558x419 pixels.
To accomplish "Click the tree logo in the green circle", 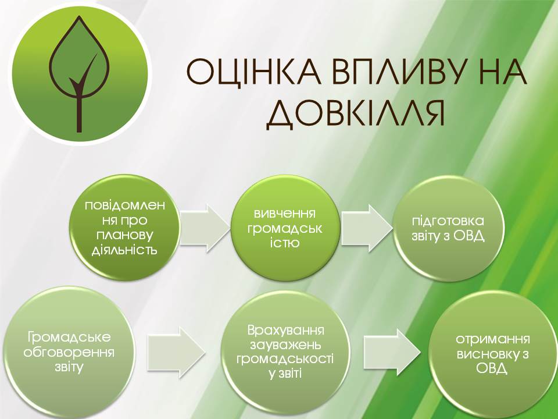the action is point(79,74).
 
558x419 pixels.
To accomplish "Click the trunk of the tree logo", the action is point(79,114).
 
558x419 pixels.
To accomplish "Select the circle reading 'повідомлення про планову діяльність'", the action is point(124,228).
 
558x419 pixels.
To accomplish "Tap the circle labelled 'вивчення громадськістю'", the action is point(285,228).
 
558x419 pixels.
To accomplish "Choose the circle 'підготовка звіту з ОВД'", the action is point(448,228).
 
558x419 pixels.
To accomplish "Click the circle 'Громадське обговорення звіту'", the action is point(69,352).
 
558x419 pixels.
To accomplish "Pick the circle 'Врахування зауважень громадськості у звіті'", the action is point(285,352).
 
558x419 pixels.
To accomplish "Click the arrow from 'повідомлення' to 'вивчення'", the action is point(205,228).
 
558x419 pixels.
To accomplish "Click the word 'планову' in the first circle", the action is point(124,236).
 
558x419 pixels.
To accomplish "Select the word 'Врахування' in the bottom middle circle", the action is point(285,331).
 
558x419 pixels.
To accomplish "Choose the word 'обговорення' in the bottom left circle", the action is point(69,353).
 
